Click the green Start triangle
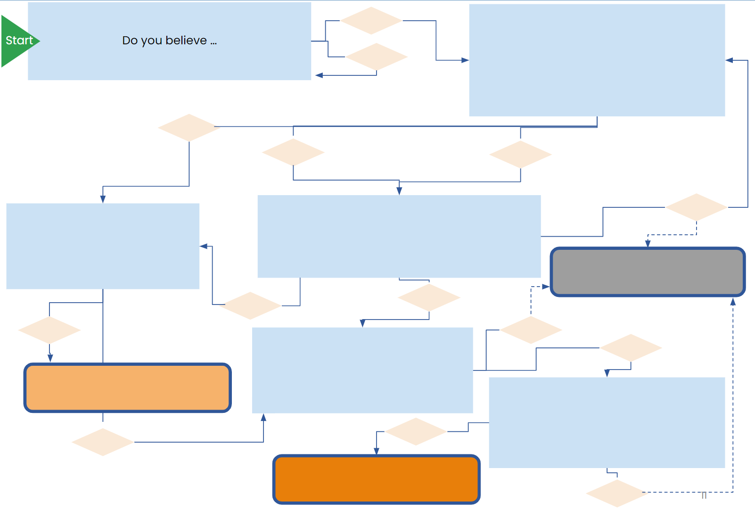point(18,41)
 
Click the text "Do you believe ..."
point(169,41)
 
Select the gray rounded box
point(648,272)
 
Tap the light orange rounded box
point(127,387)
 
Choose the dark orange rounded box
point(376,479)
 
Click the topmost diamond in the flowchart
point(371,21)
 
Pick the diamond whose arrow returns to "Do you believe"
point(377,57)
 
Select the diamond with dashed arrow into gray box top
point(696,207)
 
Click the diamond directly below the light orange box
point(103,442)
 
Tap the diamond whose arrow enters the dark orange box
point(416,431)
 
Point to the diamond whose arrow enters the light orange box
point(49,330)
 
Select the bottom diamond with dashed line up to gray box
point(617,493)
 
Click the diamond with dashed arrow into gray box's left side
point(531,330)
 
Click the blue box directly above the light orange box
point(103,246)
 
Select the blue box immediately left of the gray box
point(399,236)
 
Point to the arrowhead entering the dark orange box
point(377,452)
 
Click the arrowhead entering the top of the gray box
point(648,244)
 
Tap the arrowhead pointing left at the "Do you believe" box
point(319,75)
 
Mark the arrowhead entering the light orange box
point(50,359)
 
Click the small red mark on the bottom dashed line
point(704,495)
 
